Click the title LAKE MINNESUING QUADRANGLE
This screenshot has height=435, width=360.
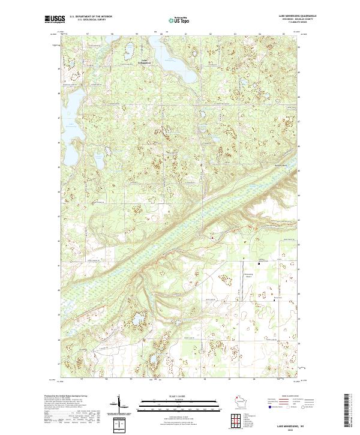tap(298, 15)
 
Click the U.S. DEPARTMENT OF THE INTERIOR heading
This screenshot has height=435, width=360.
tap(91, 16)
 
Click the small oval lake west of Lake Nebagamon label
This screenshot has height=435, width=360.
tap(127, 52)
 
